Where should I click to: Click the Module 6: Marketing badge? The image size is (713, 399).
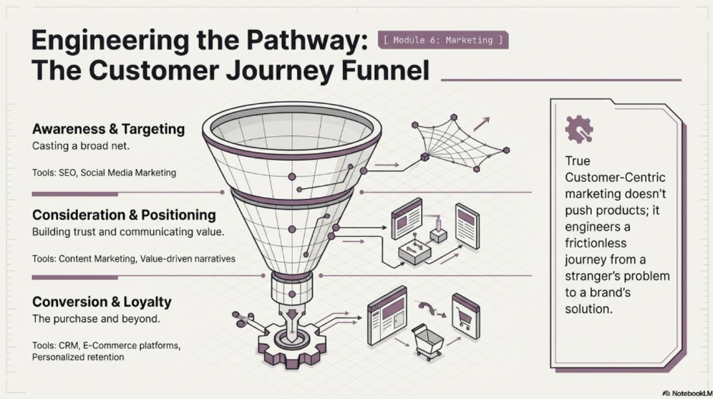(443, 40)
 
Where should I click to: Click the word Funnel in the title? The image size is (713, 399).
(385, 70)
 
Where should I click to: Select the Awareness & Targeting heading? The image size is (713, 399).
(109, 129)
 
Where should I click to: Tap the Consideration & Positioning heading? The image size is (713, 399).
(124, 215)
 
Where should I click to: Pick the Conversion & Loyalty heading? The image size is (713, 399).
(102, 302)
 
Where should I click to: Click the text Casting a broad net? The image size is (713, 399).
(81, 146)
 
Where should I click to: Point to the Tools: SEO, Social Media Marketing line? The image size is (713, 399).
(104, 173)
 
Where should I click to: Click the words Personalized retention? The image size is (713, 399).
(78, 357)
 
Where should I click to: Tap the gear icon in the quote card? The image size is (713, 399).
(579, 129)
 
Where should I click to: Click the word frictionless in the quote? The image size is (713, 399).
(596, 244)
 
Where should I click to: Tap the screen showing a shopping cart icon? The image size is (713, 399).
(466, 316)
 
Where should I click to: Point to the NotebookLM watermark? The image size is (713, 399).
(687, 394)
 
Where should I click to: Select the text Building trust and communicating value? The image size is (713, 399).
(128, 232)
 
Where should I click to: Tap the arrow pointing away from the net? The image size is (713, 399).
(481, 124)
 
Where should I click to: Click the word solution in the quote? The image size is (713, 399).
(589, 309)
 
